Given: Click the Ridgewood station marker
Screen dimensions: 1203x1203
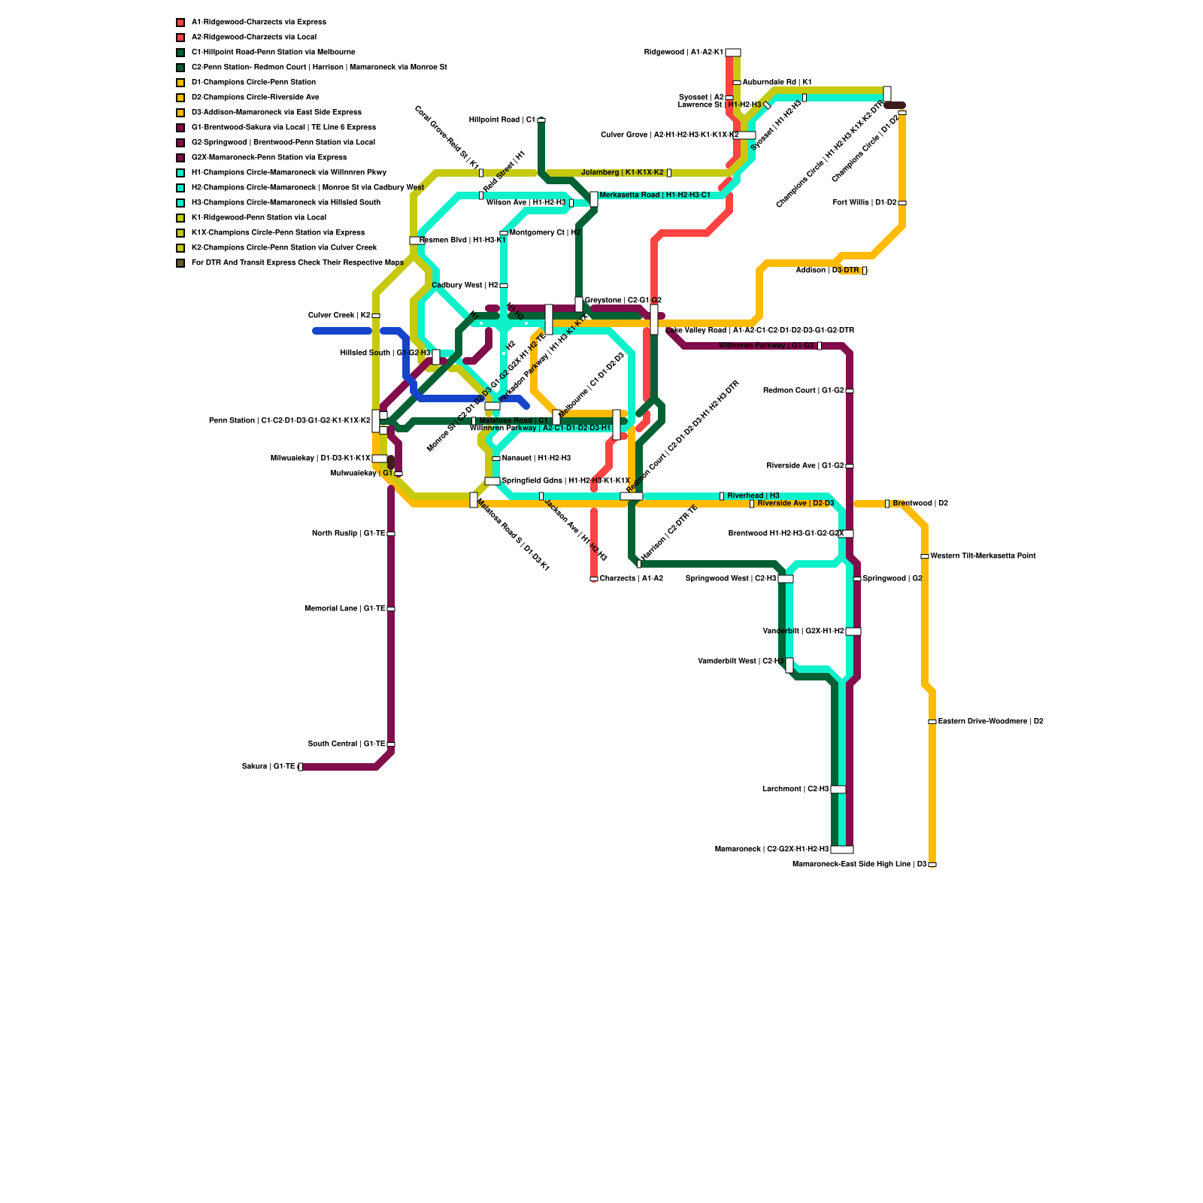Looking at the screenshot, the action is tap(732, 53).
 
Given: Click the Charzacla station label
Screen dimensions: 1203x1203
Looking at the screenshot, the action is tap(631, 579).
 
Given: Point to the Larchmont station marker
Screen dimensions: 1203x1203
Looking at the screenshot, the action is tap(838, 789).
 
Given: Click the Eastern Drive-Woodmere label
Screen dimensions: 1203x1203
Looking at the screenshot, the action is tap(990, 722).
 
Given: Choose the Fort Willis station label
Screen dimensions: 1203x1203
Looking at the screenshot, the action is tap(865, 203).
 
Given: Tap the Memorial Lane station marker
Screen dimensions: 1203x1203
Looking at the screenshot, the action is tap(391, 609).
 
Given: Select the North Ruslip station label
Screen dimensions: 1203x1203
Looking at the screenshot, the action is tap(348, 534).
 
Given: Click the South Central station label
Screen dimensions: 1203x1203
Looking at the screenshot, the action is tap(347, 744).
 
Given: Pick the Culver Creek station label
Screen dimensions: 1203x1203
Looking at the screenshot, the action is tap(339, 316).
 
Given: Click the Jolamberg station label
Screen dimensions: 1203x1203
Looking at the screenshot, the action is tap(622, 173).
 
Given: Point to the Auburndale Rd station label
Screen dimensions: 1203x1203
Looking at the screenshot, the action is tap(777, 83).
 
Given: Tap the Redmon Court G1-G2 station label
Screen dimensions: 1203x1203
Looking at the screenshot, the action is tap(803, 391).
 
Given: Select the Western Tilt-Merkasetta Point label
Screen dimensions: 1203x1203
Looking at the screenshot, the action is tap(983, 556).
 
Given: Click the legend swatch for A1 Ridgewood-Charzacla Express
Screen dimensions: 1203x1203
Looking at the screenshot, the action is tap(180, 23).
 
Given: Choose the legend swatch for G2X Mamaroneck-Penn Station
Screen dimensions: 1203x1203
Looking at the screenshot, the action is tap(180, 158).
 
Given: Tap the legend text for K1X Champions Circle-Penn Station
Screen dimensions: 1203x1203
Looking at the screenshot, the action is tap(277, 233).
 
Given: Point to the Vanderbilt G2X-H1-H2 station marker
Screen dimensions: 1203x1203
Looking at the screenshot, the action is tap(853, 632).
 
